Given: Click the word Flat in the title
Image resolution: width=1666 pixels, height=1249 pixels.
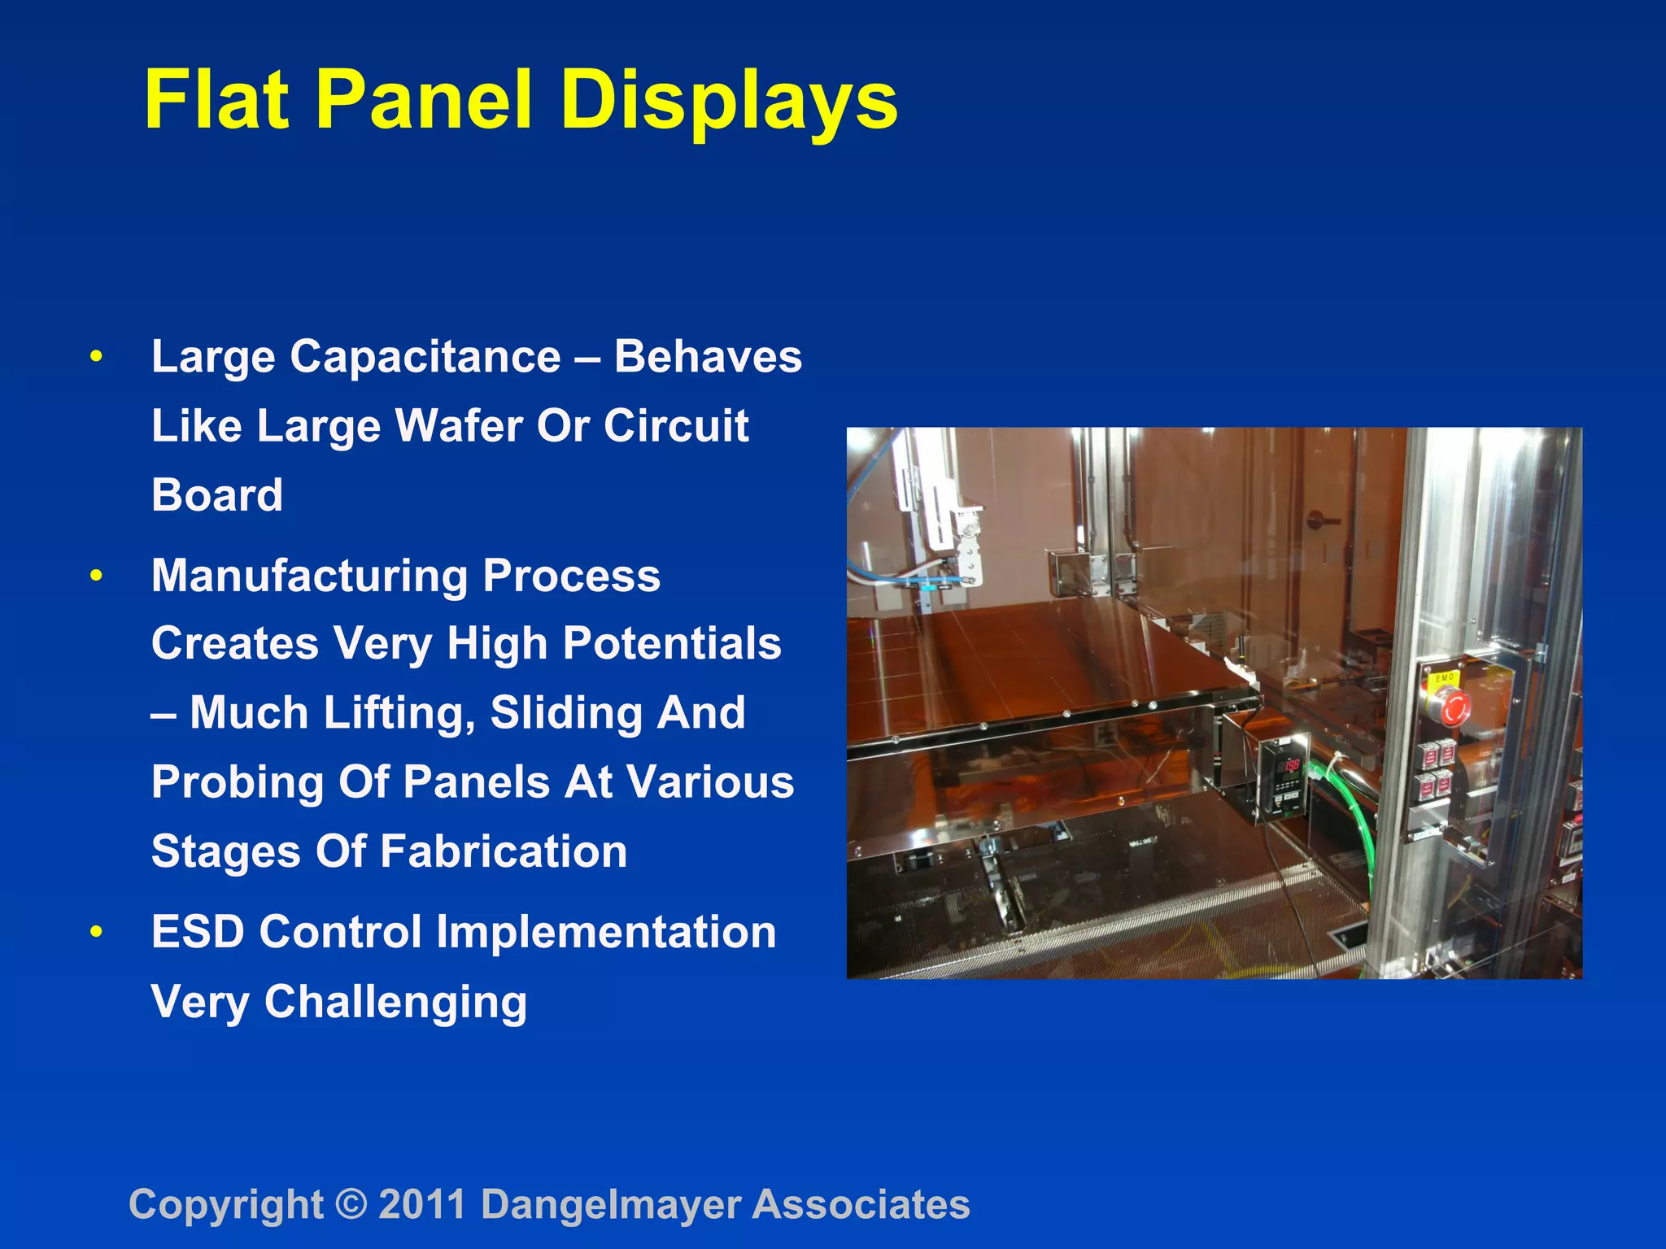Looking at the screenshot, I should pyautogui.click(x=216, y=100).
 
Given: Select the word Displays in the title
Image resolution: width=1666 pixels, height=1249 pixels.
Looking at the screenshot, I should pyautogui.click(x=729, y=102).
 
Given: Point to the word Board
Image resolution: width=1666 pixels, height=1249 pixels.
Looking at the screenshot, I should pyautogui.click(x=217, y=495).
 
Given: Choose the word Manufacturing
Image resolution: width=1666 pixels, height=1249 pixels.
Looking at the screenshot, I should pyautogui.click(x=309, y=576).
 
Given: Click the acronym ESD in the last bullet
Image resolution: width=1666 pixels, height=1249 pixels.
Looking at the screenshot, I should pyautogui.click(x=198, y=932).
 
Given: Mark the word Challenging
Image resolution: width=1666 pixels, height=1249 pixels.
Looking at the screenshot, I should pyautogui.click(x=395, y=1003).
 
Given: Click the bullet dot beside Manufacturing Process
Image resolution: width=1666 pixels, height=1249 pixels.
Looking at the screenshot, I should pyautogui.click(x=97, y=576).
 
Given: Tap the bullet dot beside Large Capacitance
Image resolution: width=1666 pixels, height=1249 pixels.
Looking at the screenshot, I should pyautogui.click(x=97, y=357).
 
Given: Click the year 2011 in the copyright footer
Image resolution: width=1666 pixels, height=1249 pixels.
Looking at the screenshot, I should pyautogui.click(x=422, y=1204).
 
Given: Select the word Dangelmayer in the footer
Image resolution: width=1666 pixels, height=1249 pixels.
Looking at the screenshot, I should pyautogui.click(x=610, y=1204).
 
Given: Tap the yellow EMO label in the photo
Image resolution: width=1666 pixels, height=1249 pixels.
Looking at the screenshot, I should pyautogui.click(x=1445, y=677).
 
